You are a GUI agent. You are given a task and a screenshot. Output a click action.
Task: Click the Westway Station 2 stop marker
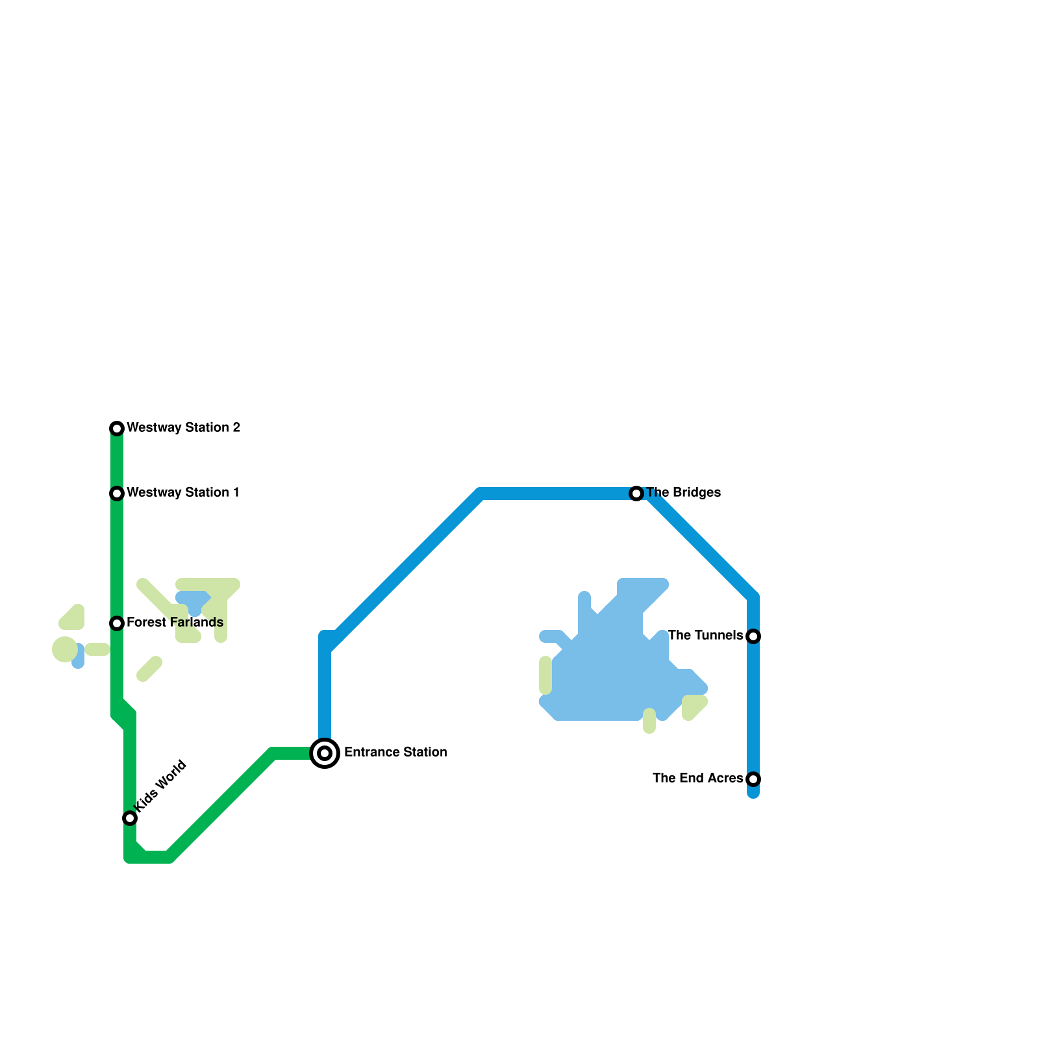pyautogui.click(x=117, y=429)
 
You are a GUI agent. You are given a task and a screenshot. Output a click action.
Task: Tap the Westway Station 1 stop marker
pyautogui.click(x=117, y=494)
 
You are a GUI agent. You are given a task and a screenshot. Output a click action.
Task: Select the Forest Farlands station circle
pyautogui.click(x=117, y=623)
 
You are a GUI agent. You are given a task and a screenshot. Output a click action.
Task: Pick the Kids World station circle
pyautogui.click(x=130, y=818)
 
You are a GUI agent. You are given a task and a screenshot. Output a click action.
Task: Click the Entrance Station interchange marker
pyautogui.click(x=325, y=753)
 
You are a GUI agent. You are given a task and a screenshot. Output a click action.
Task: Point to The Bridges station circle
pyautogui.click(x=636, y=494)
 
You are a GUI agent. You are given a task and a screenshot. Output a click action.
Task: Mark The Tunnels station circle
pyautogui.click(x=753, y=636)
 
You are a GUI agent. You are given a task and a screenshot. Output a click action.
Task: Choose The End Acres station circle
pyautogui.click(x=753, y=779)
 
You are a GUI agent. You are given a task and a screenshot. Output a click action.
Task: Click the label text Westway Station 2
pyautogui.click(x=184, y=428)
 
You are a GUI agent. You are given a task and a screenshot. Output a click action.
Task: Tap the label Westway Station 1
pyautogui.click(x=183, y=493)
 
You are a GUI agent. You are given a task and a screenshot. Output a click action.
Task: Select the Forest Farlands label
pyautogui.click(x=175, y=623)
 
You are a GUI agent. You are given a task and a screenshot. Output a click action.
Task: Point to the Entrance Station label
pyautogui.click(x=395, y=753)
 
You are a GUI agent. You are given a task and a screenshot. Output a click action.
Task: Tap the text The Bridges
pyautogui.click(x=684, y=493)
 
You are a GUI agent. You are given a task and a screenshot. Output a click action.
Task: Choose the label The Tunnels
pyautogui.click(x=705, y=636)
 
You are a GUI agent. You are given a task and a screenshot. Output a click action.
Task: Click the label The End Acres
pyautogui.click(x=697, y=779)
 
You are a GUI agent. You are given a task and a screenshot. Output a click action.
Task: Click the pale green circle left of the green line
pyautogui.click(x=64, y=649)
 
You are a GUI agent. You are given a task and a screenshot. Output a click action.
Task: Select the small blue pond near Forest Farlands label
pyautogui.click(x=193, y=601)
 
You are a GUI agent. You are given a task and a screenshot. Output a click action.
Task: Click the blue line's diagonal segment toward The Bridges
pyautogui.click(x=403, y=571)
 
